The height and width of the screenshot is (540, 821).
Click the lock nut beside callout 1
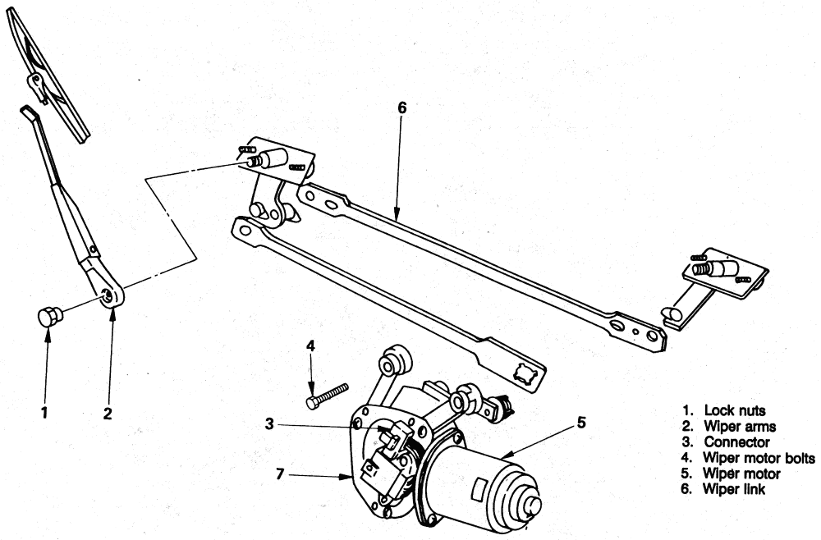pos(50,317)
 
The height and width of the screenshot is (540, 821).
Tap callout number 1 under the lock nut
pos(44,412)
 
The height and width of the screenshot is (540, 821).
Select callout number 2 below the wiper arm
pos(108,414)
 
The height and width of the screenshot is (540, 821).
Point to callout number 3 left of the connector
pos(269,423)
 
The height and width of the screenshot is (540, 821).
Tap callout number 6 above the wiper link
pos(280,474)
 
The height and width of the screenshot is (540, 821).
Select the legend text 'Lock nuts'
pos(735,411)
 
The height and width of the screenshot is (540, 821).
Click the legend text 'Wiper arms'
pos(740,427)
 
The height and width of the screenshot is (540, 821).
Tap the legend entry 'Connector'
pos(736,442)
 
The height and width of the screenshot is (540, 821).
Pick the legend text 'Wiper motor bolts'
pos(759,458)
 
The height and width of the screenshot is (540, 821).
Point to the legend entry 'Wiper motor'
pos(741,474)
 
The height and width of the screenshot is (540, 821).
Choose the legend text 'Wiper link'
pos(734,489)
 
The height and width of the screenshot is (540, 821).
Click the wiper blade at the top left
pos(48,75)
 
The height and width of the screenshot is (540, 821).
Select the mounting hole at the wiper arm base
pos(108,295)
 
